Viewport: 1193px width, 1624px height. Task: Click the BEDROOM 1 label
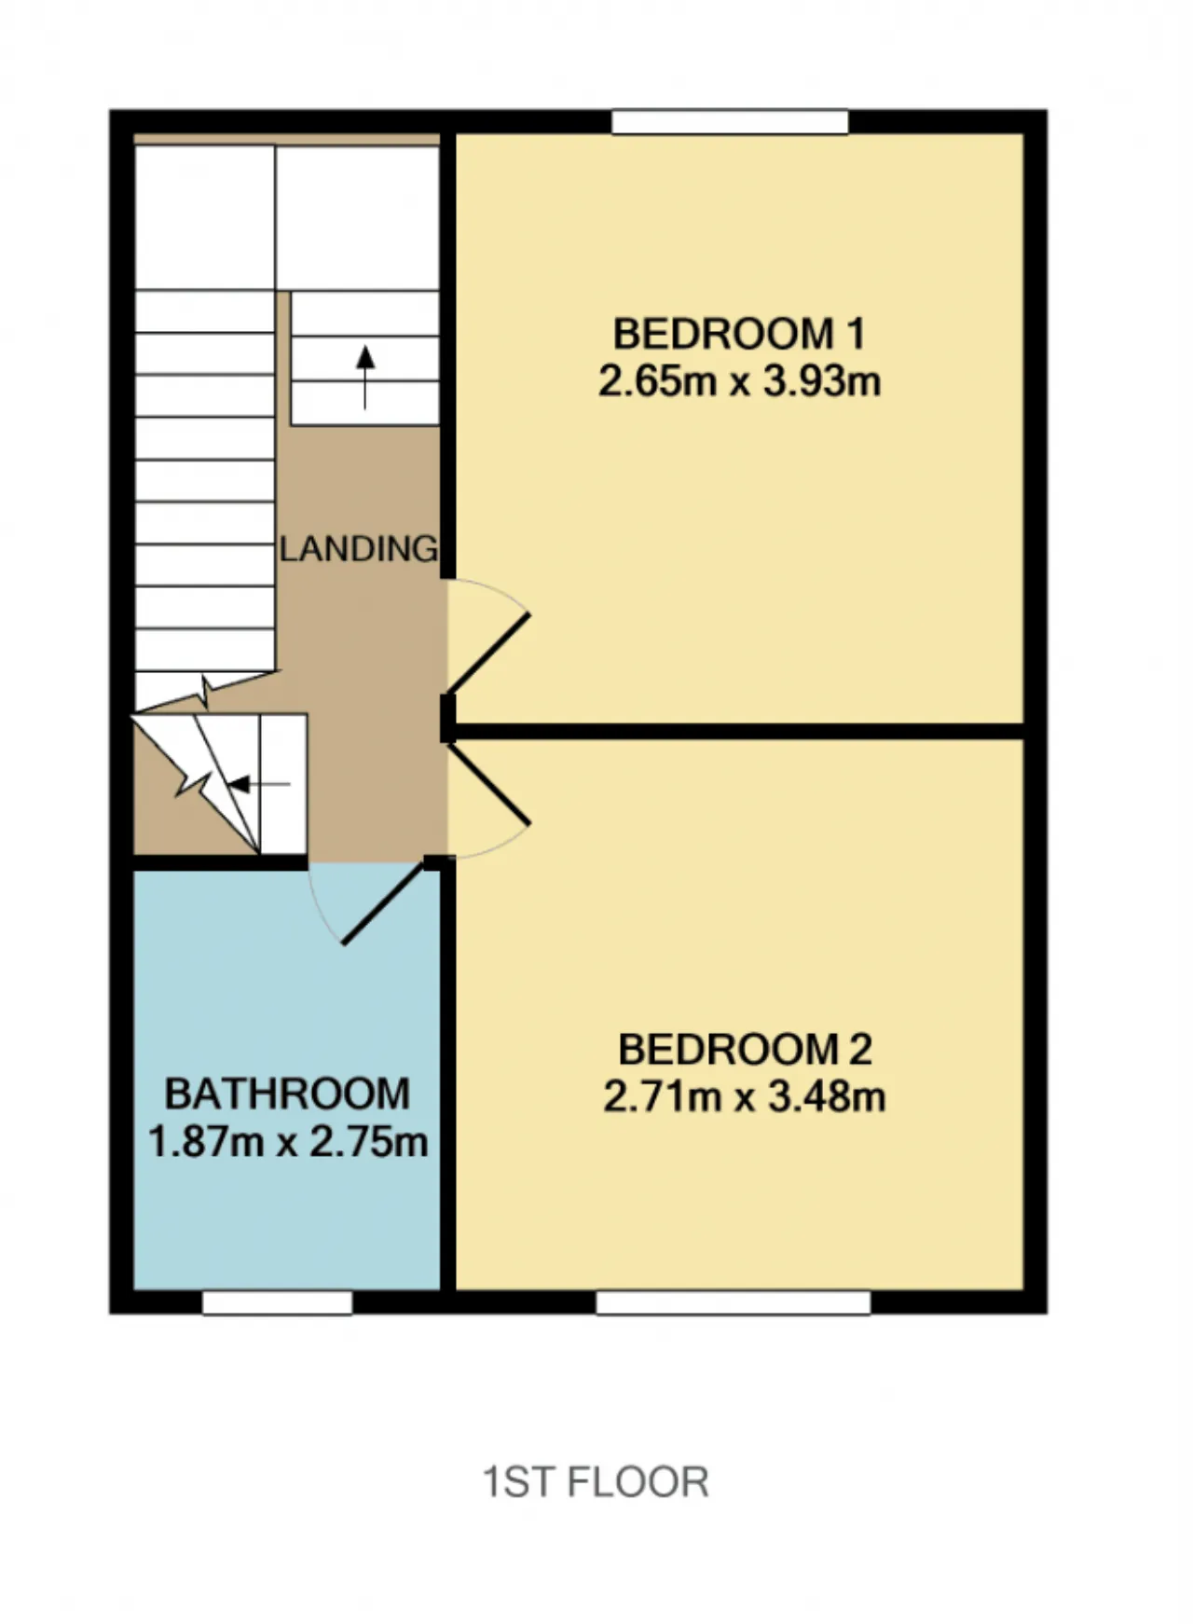click(x=739, y=334)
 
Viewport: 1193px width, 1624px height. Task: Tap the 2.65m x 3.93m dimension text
click(x=739, y=381)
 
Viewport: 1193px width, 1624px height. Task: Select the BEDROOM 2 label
click(x=745, y=1050)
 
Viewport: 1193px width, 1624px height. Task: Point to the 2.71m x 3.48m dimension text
click(x=744, y=1097)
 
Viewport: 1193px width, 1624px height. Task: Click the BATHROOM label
click(x=287, y=1094)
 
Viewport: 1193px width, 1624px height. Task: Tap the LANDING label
click(x=359, y=549)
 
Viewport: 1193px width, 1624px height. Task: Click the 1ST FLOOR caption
click(x=596, y=1481)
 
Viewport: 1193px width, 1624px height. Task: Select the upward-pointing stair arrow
click(x=365, y=378)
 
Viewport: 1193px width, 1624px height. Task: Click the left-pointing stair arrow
click(x=259, y=785)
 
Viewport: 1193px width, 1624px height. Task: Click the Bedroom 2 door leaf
click(x=489, y=783)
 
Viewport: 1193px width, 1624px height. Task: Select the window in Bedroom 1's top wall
click(x=730, y=122)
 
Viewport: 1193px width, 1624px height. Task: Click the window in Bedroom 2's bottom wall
click(x=733, y=1302)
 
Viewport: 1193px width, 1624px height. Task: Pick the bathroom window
click(x=278, y=1302)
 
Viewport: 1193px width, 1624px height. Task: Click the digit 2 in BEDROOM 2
click(x=860, y=1050)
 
